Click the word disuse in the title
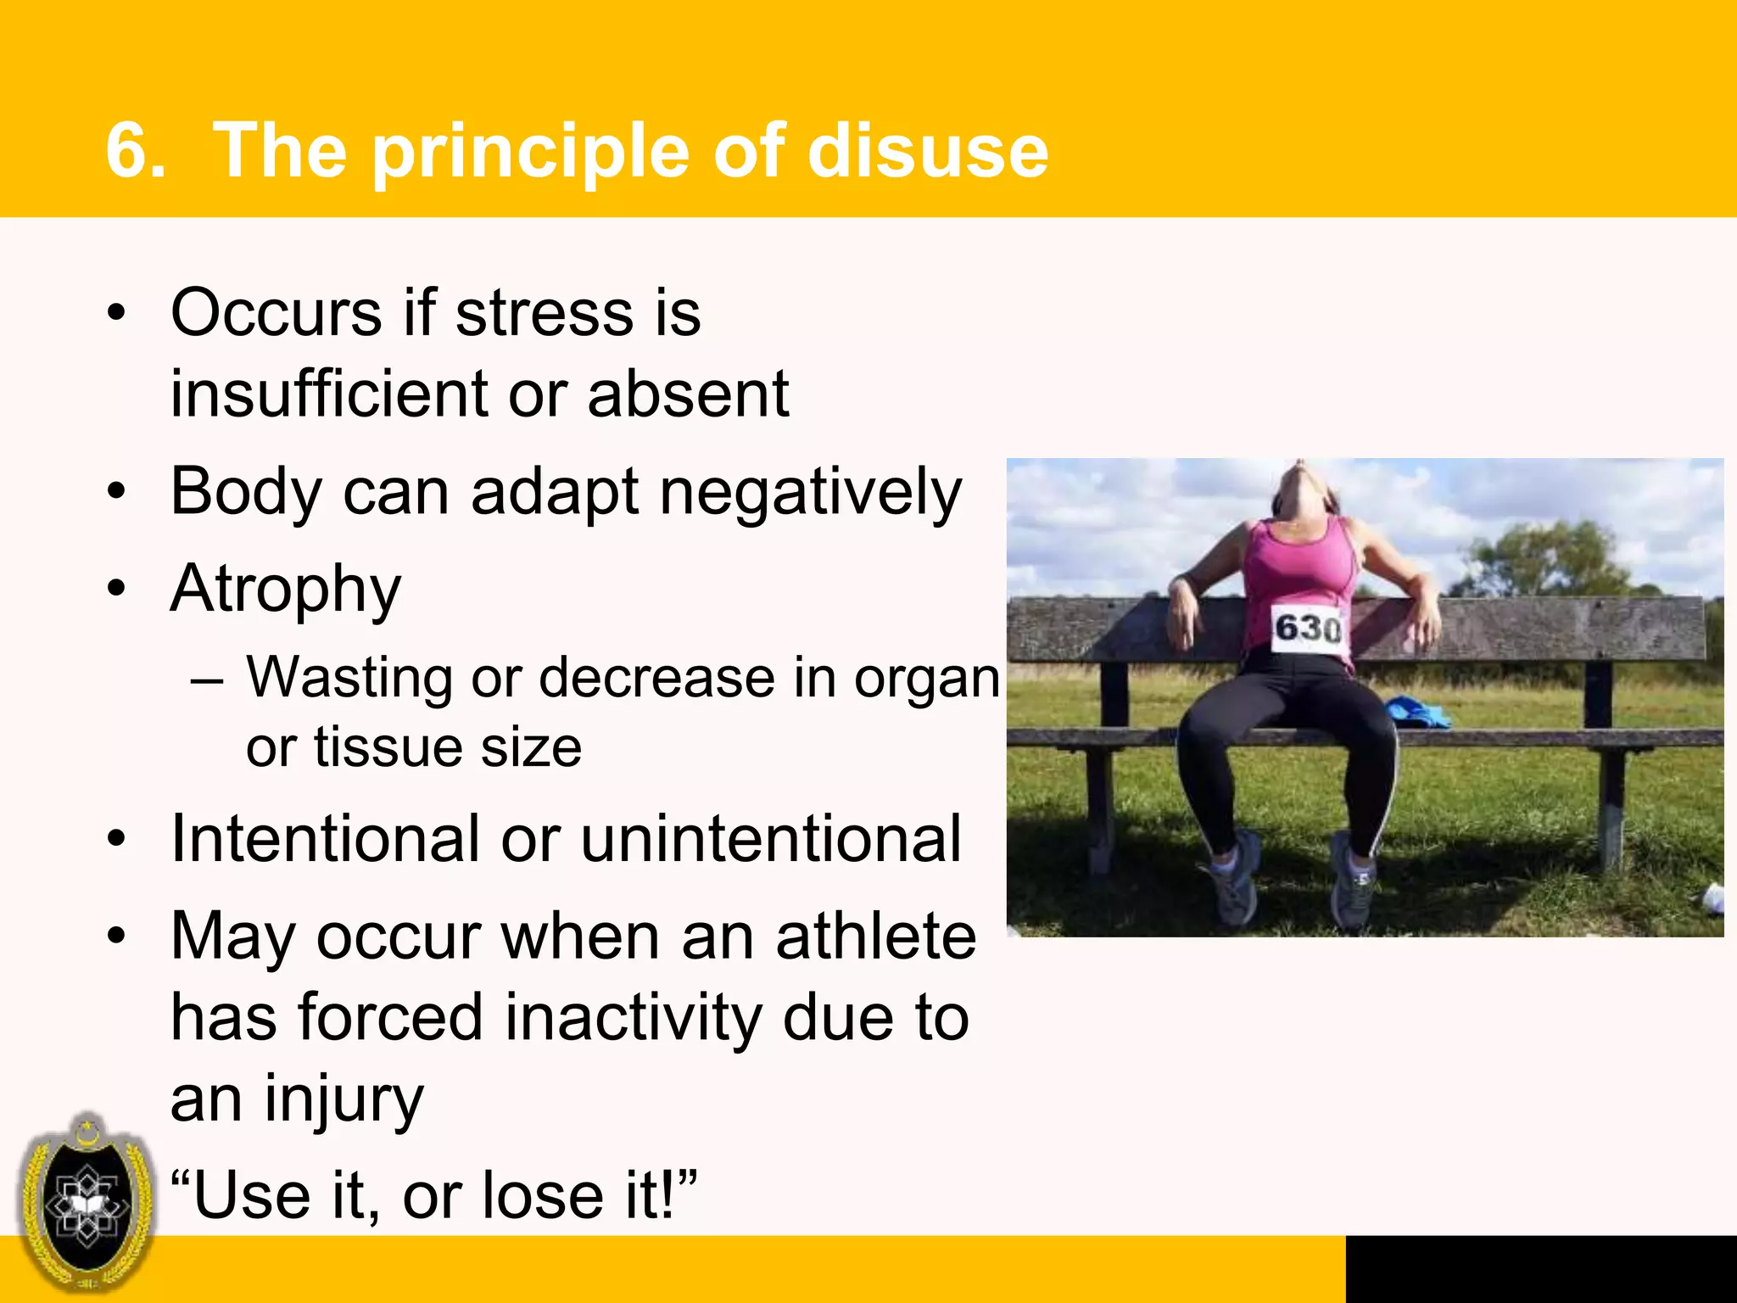(928, 152)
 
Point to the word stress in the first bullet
(544, 313)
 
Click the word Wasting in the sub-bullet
(349, 679)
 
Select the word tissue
(388, 747)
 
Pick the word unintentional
(771, 839)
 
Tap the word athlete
(875, 937)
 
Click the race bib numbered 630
(1308, 629)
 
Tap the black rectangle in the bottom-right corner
(1540, 1268)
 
